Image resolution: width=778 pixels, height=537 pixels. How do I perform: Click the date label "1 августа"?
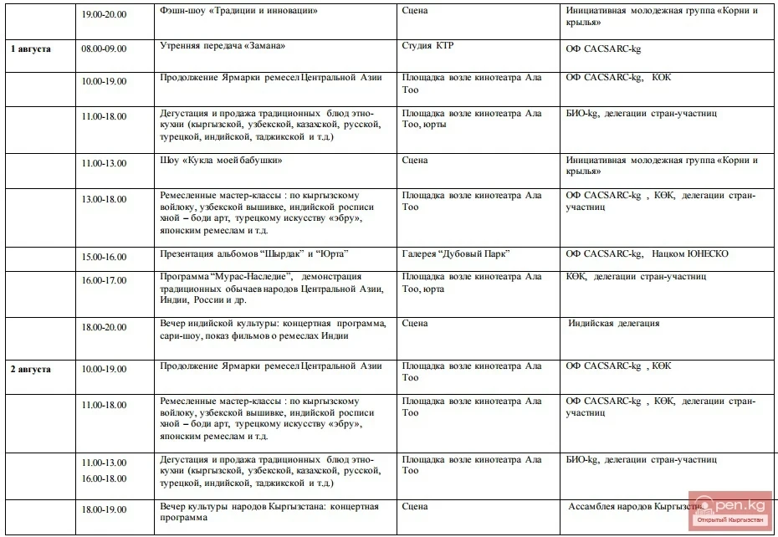[x=31, y=49]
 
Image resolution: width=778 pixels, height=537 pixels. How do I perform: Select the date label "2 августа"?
[x=31, y=369]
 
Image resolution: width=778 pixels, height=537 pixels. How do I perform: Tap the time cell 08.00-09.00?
[x=104, y=49]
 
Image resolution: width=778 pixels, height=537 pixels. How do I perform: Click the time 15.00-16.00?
[x=104, y=254]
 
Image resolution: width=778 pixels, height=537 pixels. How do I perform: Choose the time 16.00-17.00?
[x=104, y=280]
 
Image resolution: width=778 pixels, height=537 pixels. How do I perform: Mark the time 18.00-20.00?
[x=104, y=327]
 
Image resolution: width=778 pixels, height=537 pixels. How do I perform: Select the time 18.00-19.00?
[x=104, y=509]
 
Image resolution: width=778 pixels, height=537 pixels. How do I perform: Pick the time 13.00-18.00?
[x=104, y=199]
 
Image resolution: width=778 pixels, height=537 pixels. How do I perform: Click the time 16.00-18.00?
[x=104, y=478]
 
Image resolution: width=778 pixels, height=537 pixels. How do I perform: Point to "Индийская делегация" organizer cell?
[x=614, y=323]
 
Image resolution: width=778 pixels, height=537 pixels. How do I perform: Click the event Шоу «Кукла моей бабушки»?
[x=219, y=160]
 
